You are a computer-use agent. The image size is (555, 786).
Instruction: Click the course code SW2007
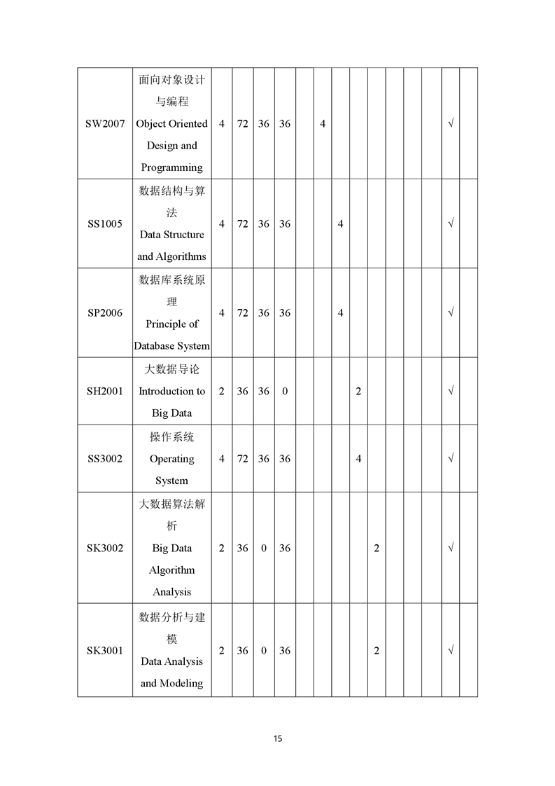105,124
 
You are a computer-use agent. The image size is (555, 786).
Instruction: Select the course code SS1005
105,224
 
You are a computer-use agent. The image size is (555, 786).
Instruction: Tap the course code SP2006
105,313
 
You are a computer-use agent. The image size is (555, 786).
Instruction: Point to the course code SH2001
105,391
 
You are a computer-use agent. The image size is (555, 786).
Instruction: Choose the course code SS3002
105,459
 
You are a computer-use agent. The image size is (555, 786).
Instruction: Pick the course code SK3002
105,548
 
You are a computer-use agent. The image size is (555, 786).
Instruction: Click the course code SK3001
105,651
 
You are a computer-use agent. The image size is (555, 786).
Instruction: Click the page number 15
278,738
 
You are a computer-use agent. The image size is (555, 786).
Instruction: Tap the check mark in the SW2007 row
451,124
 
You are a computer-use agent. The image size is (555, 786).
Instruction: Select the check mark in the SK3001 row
451,651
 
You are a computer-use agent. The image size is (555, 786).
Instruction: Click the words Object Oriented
171,124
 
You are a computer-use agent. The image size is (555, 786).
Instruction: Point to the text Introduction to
171,391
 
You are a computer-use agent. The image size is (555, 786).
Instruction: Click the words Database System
171,346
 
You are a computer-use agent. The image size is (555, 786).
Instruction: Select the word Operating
171,459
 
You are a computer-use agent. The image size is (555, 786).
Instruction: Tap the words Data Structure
171,235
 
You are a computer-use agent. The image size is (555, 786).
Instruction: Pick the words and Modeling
171,683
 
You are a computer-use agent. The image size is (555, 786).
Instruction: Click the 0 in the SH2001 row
285,391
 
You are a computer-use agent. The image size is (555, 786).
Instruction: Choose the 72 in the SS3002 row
242,459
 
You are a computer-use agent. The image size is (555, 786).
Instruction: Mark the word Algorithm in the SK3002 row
171,570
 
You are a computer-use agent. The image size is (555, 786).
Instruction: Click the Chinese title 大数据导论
171,369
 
